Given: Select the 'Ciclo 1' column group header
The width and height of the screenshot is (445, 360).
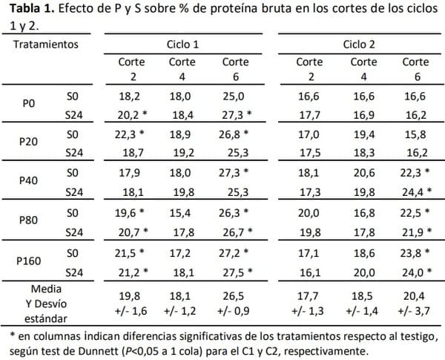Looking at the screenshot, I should [182, 45].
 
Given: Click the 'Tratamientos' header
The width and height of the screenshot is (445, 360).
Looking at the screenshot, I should [45, 45].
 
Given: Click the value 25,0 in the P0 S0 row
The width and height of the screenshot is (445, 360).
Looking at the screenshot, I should [236, 96].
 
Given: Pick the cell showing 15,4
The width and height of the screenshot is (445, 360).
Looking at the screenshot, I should [182, 213].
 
